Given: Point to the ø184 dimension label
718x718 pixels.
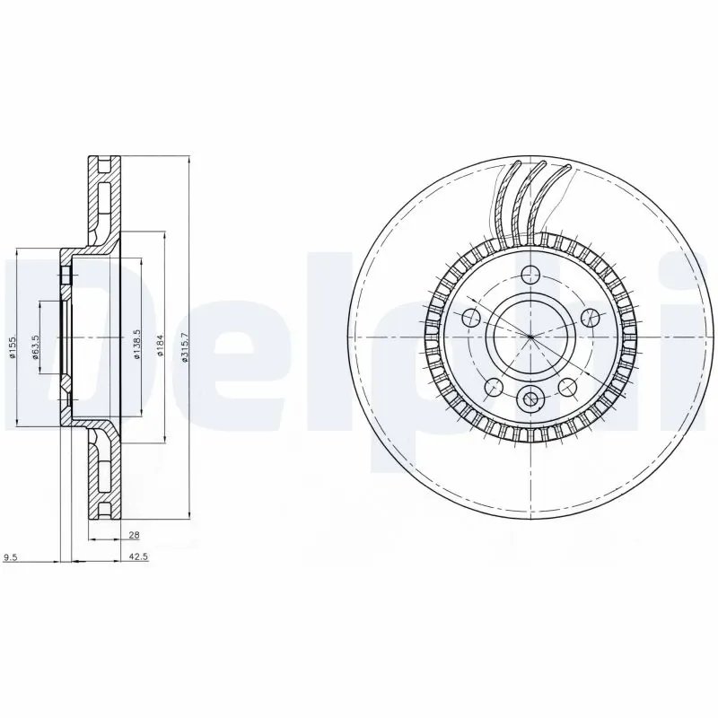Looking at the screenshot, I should click(x=159, y=345).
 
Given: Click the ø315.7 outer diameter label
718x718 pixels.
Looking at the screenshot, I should click(x=184, y=343).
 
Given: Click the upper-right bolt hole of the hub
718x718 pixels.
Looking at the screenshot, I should click(x=590, y=317).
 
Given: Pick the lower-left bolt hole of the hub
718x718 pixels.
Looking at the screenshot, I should click(x=493, y=387).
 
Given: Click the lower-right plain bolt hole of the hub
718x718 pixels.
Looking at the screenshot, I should click(x=567, y=387).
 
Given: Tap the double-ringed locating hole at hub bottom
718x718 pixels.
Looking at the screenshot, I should click(x=530, y=399).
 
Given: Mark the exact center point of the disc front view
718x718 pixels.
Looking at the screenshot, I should click(x=530, y=337).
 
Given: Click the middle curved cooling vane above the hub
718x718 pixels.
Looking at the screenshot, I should click(x=528, y=202).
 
